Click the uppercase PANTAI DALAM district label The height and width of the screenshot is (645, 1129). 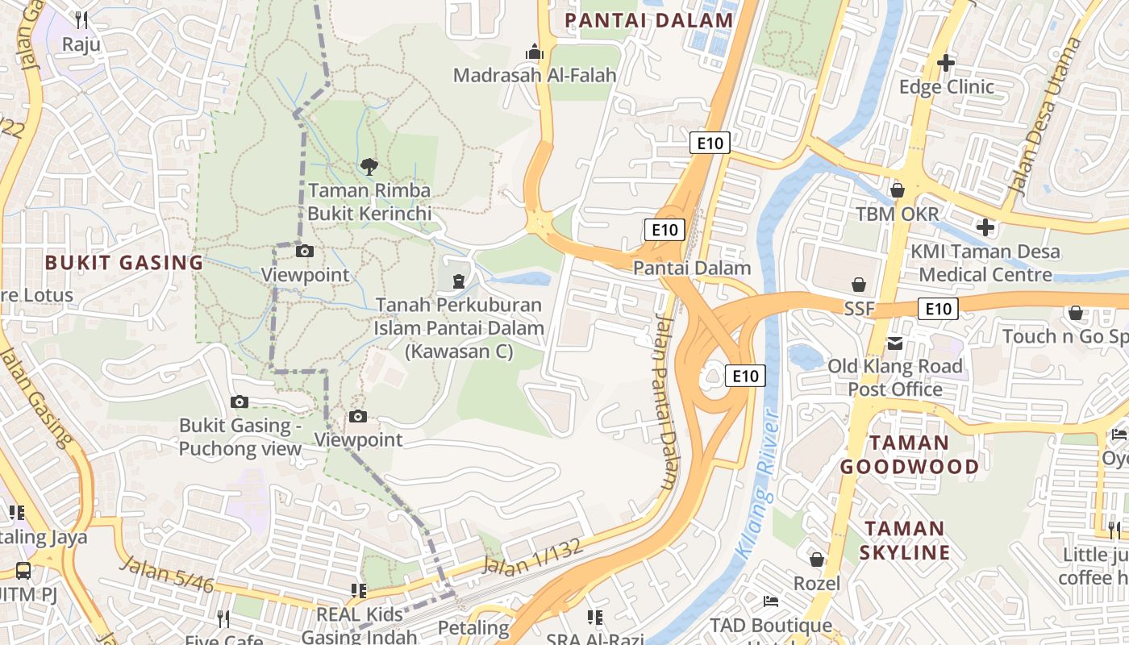pyautogui.click(x=648, y=20)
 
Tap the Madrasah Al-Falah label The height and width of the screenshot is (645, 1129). pyautogui.click(x=535, y=75)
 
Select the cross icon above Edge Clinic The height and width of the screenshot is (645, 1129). pyautogui.click(x=946, y=62)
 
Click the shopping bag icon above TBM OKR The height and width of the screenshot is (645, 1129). pyautogui.click(x=897, y=190)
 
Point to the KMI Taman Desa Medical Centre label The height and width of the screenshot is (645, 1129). pyautogui.click(x=985, y=263)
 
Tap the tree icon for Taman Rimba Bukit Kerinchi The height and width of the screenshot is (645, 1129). pyautogui.click(x=369, y=167)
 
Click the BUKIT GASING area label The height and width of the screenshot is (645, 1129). pyautogui.click(x=124, y=262)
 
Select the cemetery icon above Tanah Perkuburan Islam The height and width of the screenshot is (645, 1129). pyautogui.click(x=458, y=281)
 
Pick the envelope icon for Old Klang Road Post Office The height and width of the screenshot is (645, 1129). pyautogui.click(x=895, y=343)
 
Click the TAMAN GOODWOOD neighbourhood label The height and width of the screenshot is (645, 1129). pyautogui.click(x=909, y=454)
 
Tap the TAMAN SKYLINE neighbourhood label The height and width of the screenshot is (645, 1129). pyautogui.click(x=904, y=540)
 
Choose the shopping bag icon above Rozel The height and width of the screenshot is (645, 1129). pyautogui.click(x=817, y=559)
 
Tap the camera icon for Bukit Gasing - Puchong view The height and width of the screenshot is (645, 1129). pyautogui.click(x=240, y=402)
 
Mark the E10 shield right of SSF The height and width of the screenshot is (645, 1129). pyautogui.click(x=938, y=308)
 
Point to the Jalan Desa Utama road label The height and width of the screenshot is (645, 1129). pyautogui.click(x=1044, y=117)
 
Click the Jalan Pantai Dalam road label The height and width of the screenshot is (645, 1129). pyautogui.click(x=666, y=403)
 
